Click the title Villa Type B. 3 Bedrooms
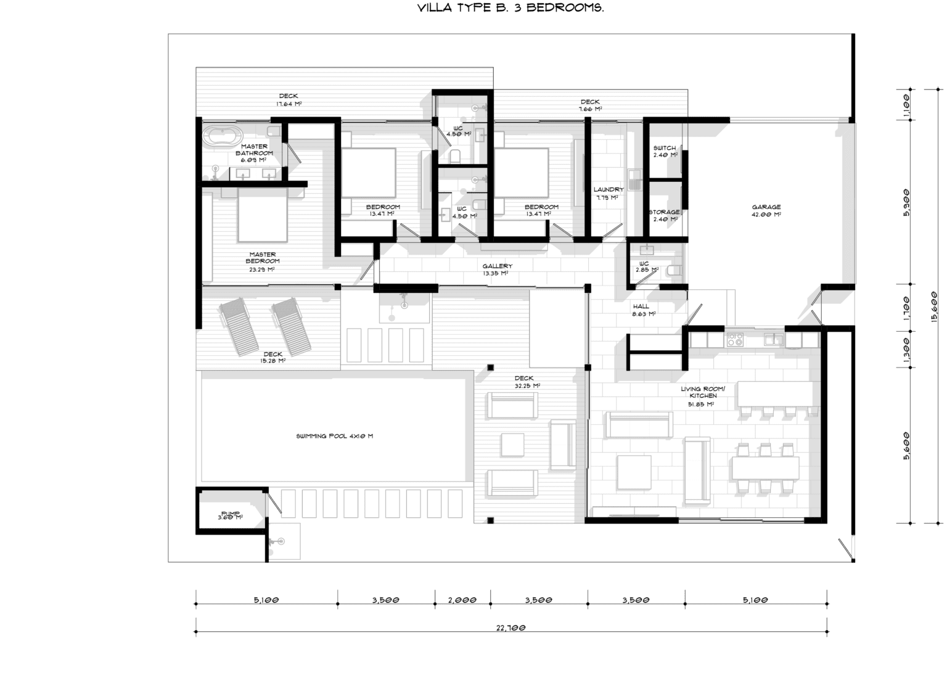[510, 9]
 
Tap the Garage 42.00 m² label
[766, 211]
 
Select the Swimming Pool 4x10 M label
[334, 436]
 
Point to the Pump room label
[230, 515]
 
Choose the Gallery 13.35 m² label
[497, 269]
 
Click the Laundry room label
[609, 193]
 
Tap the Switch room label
[665, 151]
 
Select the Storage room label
[665, 215]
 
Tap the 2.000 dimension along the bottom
[462, 599]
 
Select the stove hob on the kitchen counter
[734, 339]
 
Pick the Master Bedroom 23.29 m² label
[262, 261]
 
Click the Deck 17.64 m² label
[289, 99]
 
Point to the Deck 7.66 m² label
[590, 105]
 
